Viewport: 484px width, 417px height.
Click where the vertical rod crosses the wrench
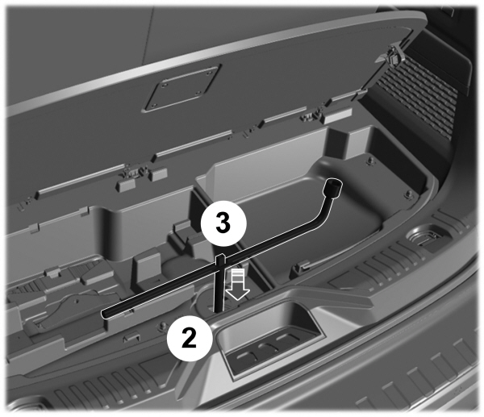click(220, 260)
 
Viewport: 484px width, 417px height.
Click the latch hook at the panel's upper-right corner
click(394, 56)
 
